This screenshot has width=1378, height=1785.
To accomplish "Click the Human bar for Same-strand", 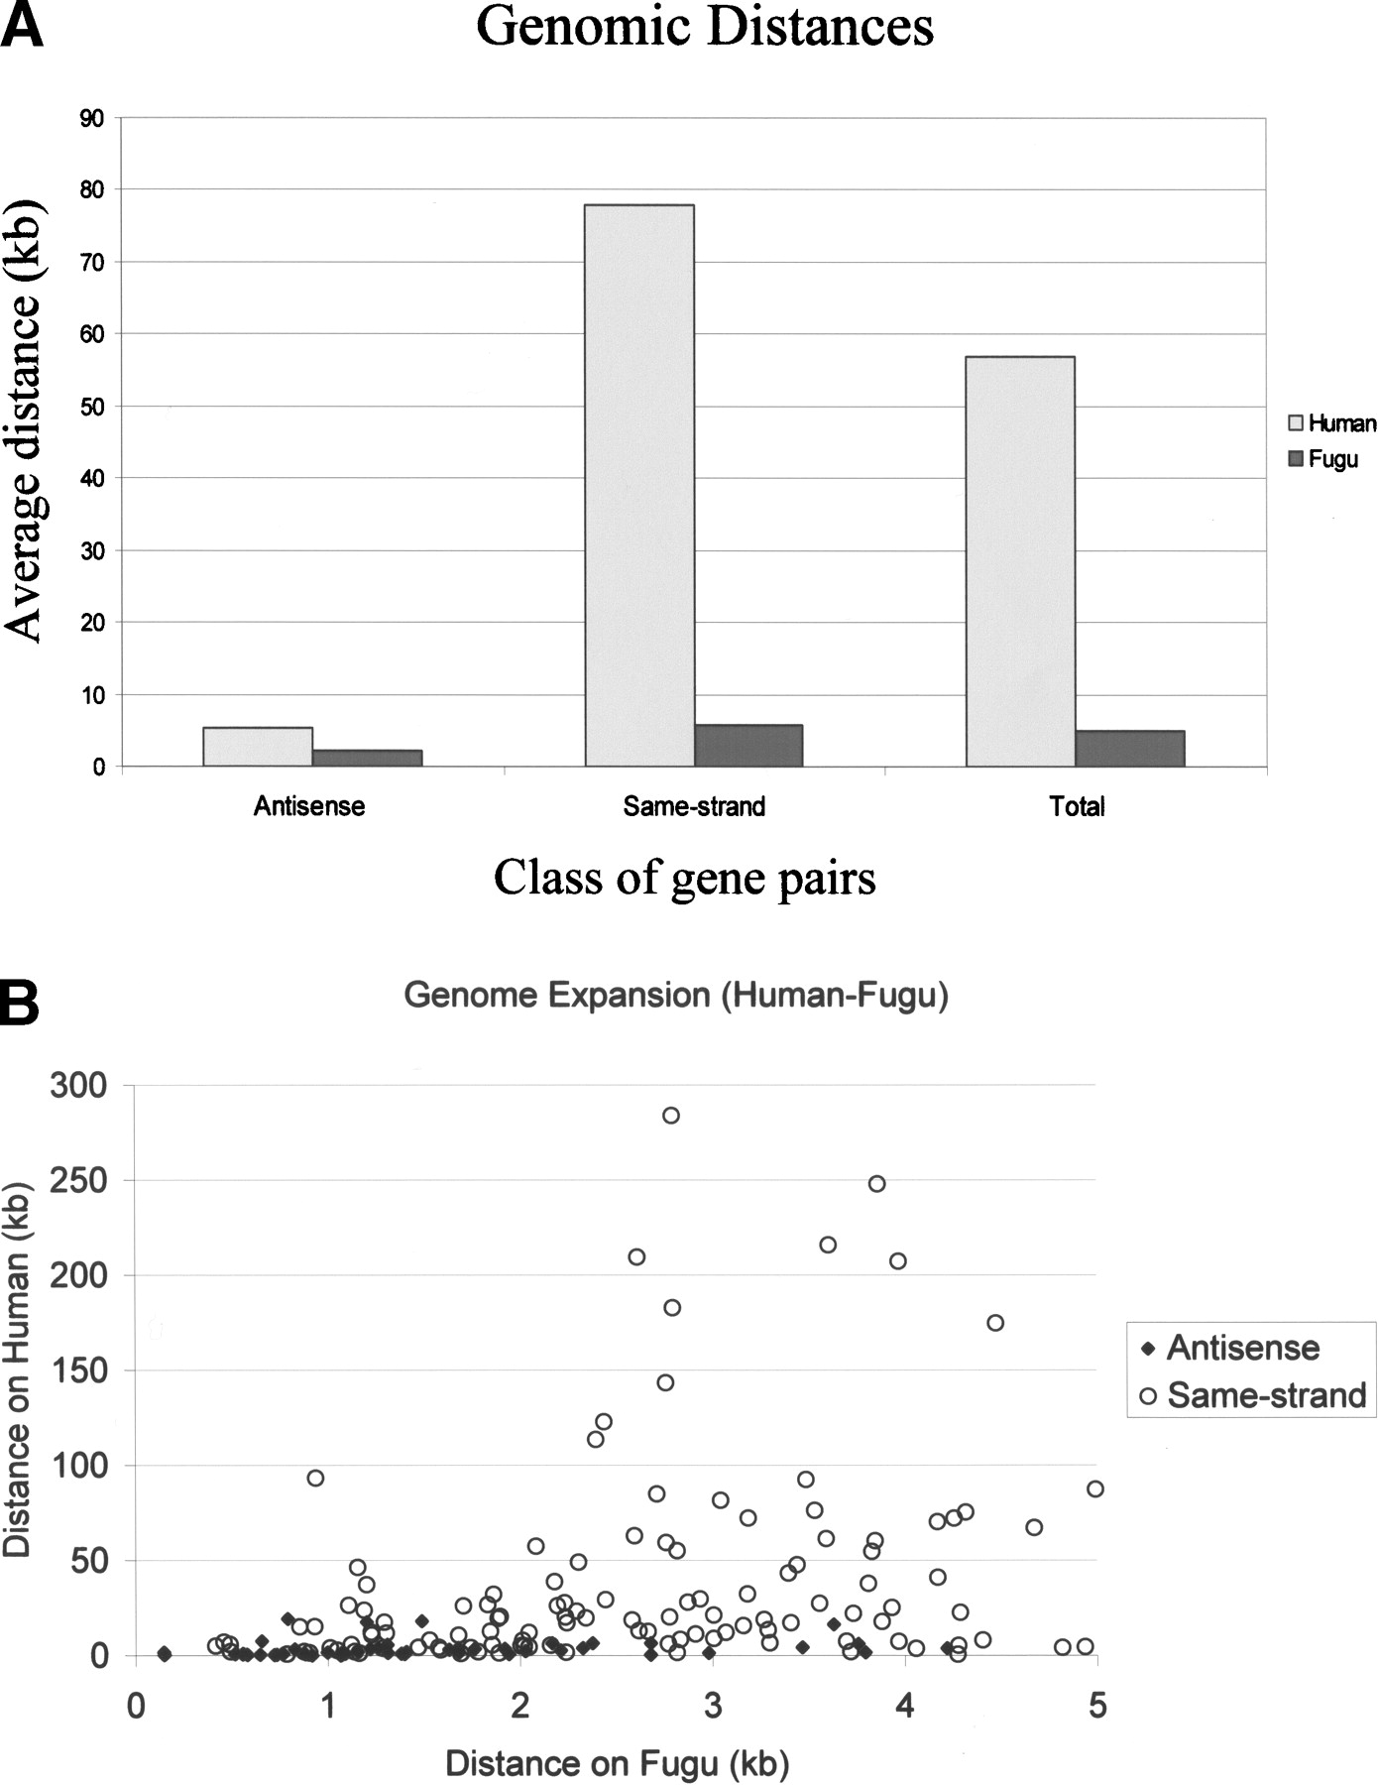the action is pos(639,486).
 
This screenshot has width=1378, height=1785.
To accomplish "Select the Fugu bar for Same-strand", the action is pos(748,746).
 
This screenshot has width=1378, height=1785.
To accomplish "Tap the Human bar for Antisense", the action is pos(258,747).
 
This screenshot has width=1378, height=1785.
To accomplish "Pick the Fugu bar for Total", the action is pos(1129,749).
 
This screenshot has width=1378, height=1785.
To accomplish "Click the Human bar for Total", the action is pos(1020,561).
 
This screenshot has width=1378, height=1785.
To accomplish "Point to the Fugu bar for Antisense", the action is pos(367,758).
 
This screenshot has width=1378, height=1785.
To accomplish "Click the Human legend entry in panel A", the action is pos(1331,423).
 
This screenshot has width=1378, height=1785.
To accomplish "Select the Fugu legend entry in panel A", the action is pos(1323,459).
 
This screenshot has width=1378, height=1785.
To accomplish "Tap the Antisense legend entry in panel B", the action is pos(1231,1348).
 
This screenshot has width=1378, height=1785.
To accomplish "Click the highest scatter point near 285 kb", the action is pos(671,1116).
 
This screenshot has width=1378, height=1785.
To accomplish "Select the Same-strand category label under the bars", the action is pos(694,806).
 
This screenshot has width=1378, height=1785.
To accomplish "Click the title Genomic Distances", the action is pos(705,27).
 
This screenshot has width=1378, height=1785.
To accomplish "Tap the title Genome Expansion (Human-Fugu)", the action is pos(676,995).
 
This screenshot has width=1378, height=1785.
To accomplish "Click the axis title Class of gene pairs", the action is pos(685,878).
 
